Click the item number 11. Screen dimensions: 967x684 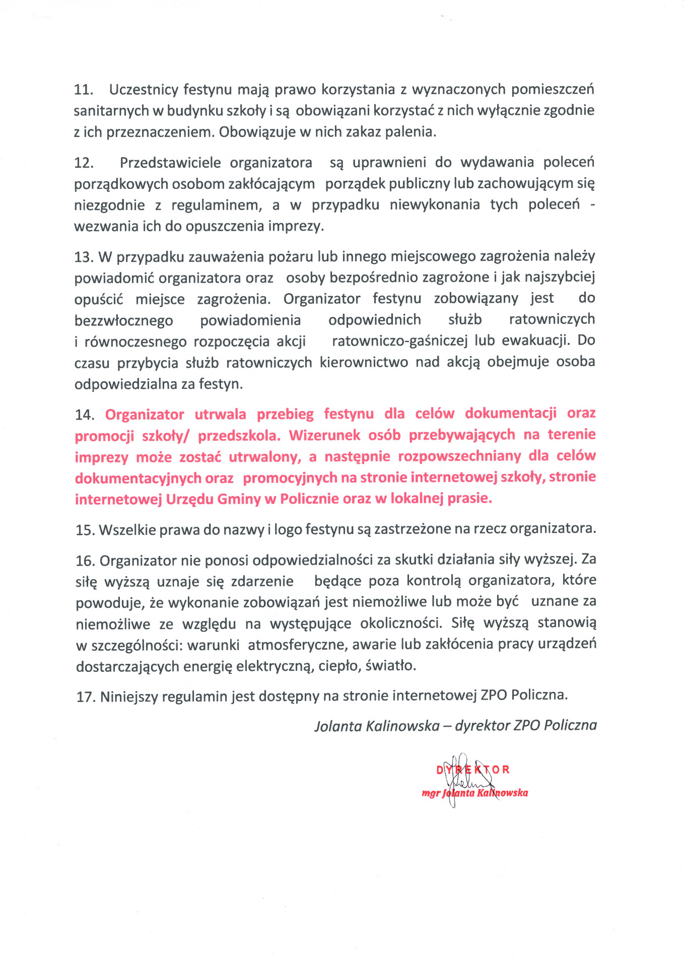point(84,90)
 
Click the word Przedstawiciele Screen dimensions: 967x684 point(170,163)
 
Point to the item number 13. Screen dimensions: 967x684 point(84,257)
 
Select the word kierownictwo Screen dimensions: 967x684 point(364,362)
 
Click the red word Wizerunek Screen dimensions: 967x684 point(324,435)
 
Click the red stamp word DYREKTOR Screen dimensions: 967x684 point(473,770)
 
